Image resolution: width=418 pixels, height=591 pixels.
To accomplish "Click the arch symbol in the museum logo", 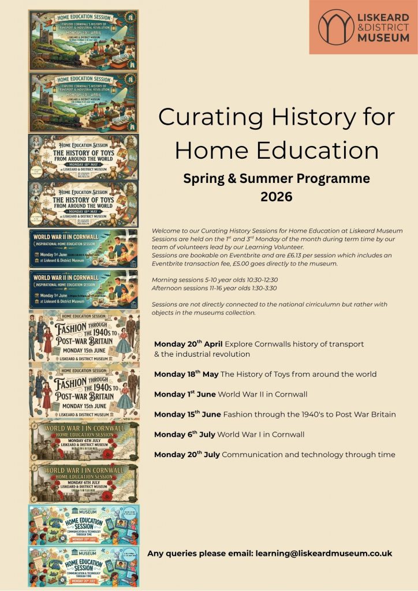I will pyautogui.click(x=337, y=27).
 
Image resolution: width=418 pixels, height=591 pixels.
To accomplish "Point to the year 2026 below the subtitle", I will pyautogui.click(x=277, y=197).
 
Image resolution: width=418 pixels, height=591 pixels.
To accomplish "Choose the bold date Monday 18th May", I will pyautogui.click(x=186, y=374).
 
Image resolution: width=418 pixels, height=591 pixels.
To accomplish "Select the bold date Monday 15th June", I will pyautogui.click(x=187, y=414).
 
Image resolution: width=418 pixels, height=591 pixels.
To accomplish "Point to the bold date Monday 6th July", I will pyautogui.click(x=183, y=434).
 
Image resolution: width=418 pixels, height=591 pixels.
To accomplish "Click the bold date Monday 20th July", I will pyautogui.click(x=186, y=454).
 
